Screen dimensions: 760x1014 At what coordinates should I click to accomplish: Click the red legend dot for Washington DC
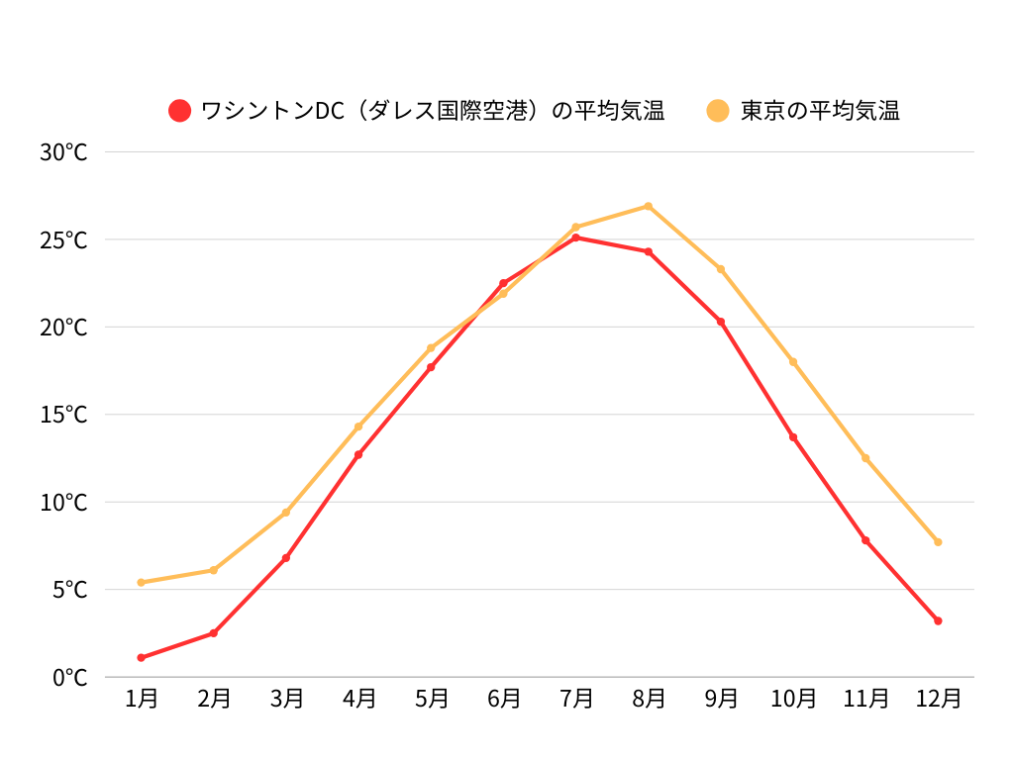click(180, 111)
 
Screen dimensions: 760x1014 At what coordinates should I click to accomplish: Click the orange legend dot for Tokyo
click(718, 111)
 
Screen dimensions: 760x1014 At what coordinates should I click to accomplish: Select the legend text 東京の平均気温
click(820, 111)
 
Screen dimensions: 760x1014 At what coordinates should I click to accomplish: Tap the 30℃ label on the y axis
click(64, 152)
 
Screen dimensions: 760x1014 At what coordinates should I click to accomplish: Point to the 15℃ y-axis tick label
click(64, 415)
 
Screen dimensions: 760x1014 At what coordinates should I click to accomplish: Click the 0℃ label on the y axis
click(69, 678)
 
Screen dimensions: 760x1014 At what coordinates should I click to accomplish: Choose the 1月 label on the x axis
click(142, 699)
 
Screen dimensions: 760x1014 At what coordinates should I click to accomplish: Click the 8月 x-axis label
click(649, 699)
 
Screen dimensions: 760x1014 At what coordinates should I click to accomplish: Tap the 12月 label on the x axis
click(938, 699)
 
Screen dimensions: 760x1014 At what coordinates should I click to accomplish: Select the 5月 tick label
click(431, 699)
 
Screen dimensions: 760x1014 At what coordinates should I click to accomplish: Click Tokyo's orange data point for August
click(649, 206)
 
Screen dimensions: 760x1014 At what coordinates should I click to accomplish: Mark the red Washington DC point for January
click(142, 657)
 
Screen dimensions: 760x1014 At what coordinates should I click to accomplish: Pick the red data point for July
click(575, 237)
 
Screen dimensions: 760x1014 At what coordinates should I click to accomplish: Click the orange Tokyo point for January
click(142, 582)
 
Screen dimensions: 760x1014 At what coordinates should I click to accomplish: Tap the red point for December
click(938, 620)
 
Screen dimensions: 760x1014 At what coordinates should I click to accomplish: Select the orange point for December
click(938, 541)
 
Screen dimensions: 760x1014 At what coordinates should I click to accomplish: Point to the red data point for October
click(793, 436)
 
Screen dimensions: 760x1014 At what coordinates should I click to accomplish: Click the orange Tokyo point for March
click(286, 512)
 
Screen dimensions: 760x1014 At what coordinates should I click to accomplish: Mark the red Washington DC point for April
click(358, 454)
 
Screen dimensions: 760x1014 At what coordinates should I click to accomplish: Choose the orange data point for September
click(721, 269)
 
